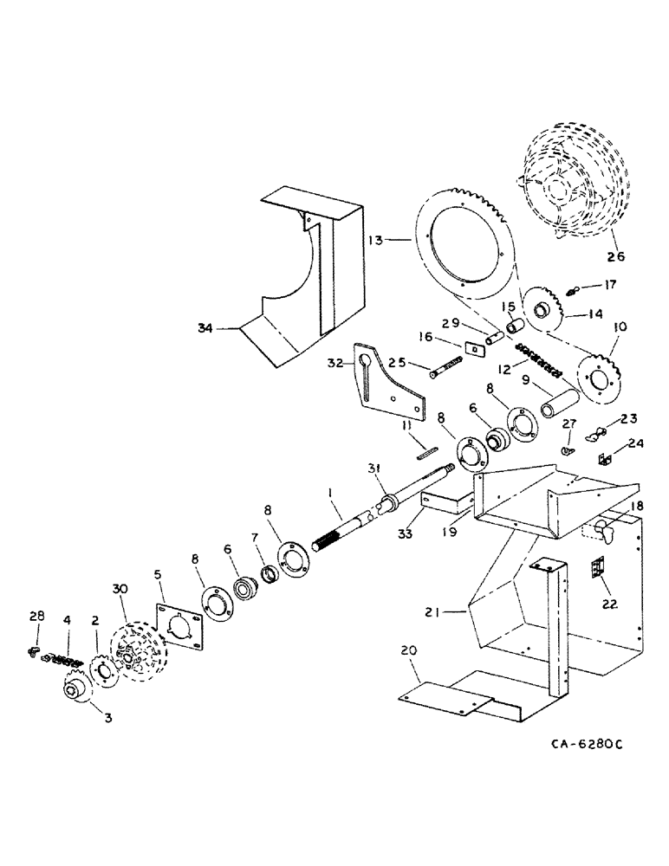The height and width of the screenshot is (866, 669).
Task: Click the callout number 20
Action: (409, 649)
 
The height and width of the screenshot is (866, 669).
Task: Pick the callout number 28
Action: (35, 616)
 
